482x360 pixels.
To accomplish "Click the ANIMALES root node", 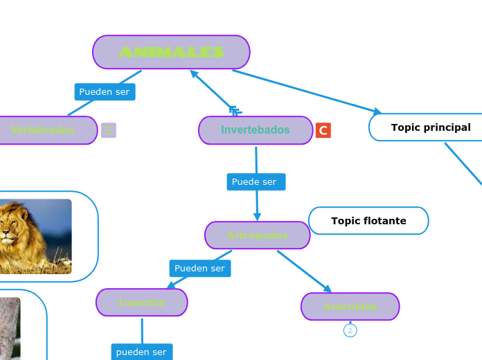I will click(x=171, y=52).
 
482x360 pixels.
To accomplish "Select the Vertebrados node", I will click(x=43, y=130).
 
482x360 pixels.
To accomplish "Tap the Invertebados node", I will click(x=256, y=130).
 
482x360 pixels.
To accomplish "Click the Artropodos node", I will click(x=257, y=235).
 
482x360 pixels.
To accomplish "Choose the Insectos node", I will click(x=142, y=303).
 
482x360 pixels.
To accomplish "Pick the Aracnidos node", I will click(x=350, y=307).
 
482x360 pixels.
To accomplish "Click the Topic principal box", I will click(x=430, y=127).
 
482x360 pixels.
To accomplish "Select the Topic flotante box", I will click(x=368, y=221).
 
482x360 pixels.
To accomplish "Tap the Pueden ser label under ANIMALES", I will click(x=105, y=91).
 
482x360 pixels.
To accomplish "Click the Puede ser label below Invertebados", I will click(x=255, y=182).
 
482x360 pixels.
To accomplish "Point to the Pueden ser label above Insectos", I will click(x=199, y=268).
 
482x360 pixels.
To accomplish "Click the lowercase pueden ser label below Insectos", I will click(x=141, y=352).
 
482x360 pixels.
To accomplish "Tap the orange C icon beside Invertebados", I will click(x=323, y=130).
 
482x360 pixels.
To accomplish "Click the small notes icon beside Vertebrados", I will click(x=109, y=130).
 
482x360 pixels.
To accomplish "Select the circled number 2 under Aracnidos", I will click(x=350, y=331).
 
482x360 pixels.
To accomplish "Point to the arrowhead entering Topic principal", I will click(x=377, y=111).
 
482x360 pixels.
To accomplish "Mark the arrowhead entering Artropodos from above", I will click(x=257, y=216).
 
